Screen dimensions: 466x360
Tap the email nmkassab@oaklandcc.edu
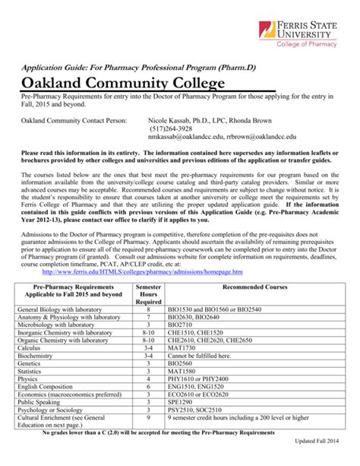coord(182,138)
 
